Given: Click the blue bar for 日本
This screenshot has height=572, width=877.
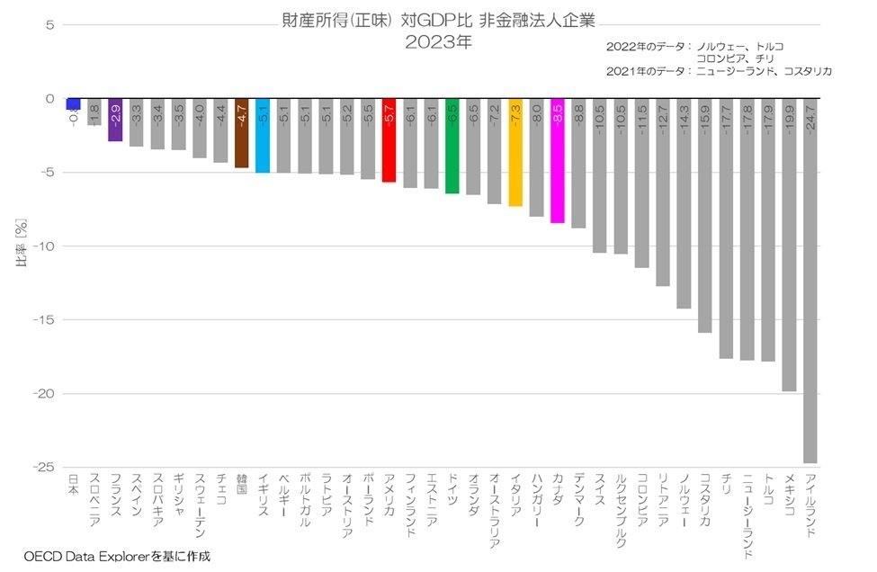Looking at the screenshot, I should pos(73,104).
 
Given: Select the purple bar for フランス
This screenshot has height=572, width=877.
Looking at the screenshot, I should pos(115,121).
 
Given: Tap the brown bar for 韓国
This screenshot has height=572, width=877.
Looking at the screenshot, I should pos(241,133).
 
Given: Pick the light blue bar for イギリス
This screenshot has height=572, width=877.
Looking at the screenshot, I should pos(263,136).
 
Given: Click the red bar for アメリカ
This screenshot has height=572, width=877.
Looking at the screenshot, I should pos(389,140).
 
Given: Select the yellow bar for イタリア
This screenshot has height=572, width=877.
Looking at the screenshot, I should pos(515,152).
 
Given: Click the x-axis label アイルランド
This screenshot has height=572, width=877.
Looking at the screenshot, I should pos(810,505).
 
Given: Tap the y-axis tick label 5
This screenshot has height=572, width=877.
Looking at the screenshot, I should pos(50,25).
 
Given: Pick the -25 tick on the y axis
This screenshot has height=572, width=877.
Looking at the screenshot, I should pos(42,468).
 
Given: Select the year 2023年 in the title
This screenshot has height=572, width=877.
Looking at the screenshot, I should pos(438,41).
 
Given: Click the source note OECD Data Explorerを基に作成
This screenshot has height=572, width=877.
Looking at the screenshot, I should pos(117,557).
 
